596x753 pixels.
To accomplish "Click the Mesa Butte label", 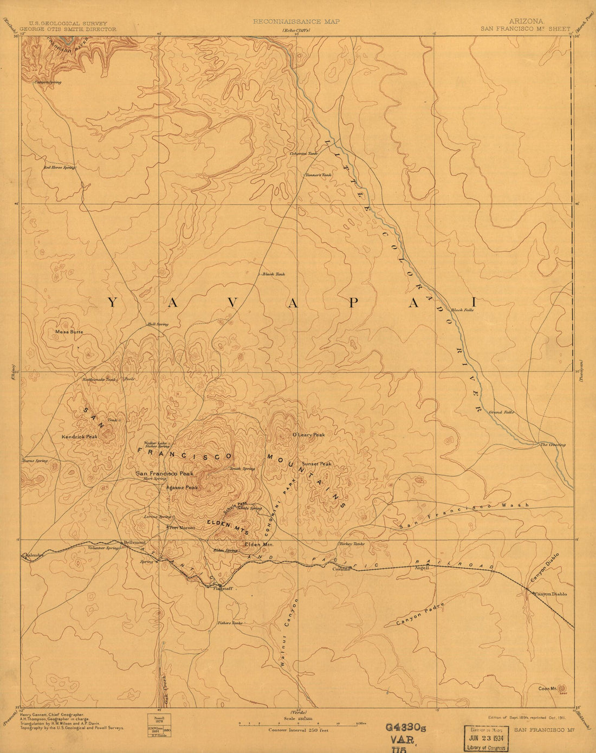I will [69, 331].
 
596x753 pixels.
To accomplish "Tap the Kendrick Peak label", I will [80, 436].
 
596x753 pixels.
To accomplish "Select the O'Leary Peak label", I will [308, 435].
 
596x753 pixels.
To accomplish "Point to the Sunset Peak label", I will [316, 464].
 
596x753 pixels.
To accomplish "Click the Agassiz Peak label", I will [182, 487].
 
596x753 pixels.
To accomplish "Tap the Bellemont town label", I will [135, 542].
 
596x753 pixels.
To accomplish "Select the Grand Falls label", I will [501, 413].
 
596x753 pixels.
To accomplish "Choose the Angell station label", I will [422, 568].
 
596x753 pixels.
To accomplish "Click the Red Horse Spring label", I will [59, 168].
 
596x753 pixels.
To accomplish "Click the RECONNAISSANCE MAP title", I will [296, 22].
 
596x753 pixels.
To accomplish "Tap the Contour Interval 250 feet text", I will [299, 730].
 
